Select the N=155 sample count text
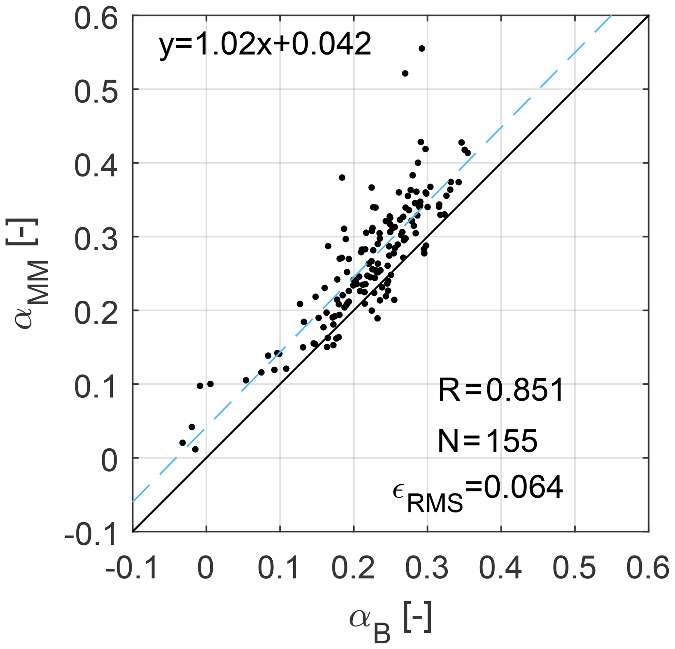(487, 441)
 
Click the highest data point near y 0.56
(422, 49)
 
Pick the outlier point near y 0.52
(405, 74)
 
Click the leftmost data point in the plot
(183, 442)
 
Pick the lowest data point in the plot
(195, 449)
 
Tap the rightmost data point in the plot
(468, 153)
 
